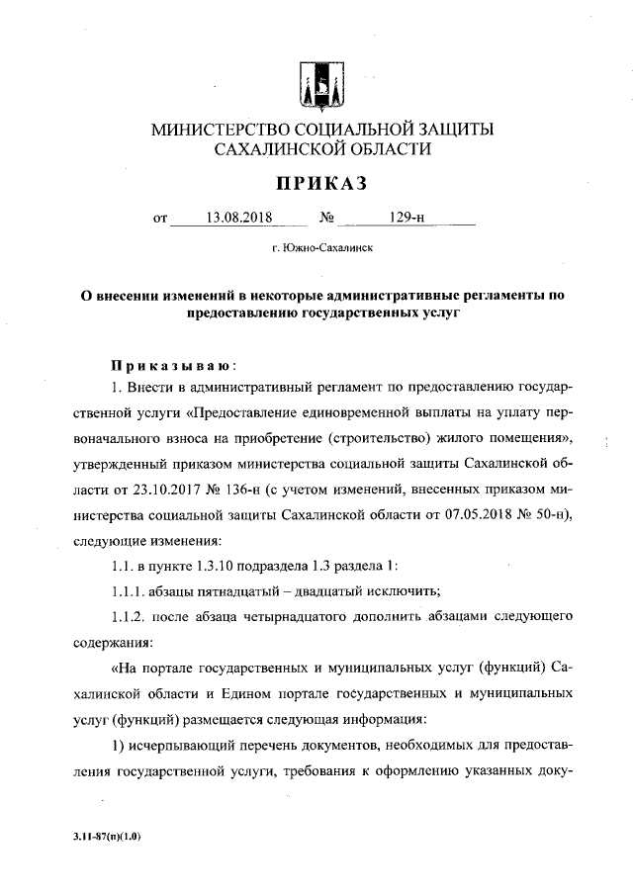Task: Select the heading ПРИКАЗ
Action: coord(316,183)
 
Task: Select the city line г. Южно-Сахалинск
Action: coord(316,251)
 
